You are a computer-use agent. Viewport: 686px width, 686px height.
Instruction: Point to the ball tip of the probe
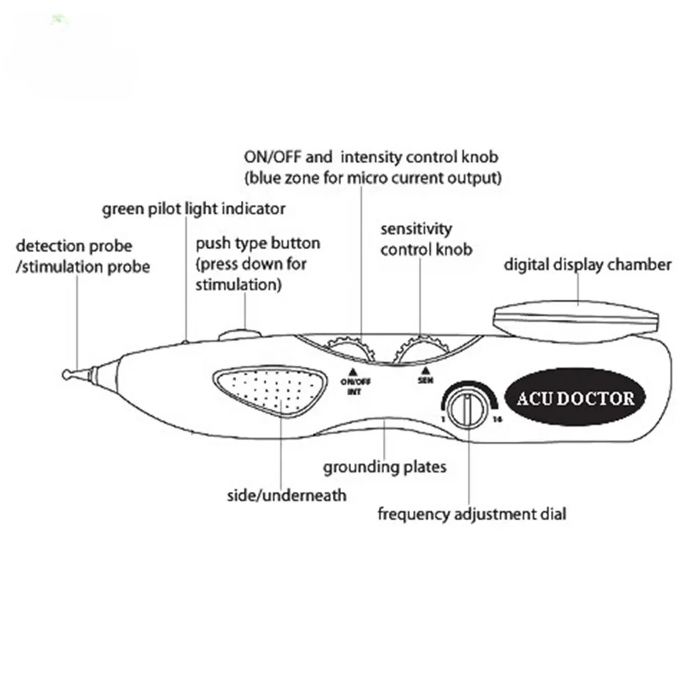[x=67, y=375]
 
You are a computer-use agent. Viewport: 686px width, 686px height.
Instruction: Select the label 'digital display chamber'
[x=588, y=265]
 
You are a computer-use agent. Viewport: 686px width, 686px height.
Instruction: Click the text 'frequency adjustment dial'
[x=472, y=513]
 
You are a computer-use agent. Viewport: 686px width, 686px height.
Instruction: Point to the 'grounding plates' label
[x=385, y=467]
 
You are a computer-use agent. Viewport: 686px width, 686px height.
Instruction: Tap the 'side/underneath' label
[x=287, y=495]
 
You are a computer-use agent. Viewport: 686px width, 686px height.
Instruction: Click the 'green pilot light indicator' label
[x=193, y=209]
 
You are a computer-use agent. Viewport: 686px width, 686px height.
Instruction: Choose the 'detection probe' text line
[x=73, y=246]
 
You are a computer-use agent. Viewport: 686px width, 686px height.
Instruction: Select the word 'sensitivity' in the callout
[x=416, y=228]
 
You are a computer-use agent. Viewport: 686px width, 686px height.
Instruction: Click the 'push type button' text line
[x=258, y=244]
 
